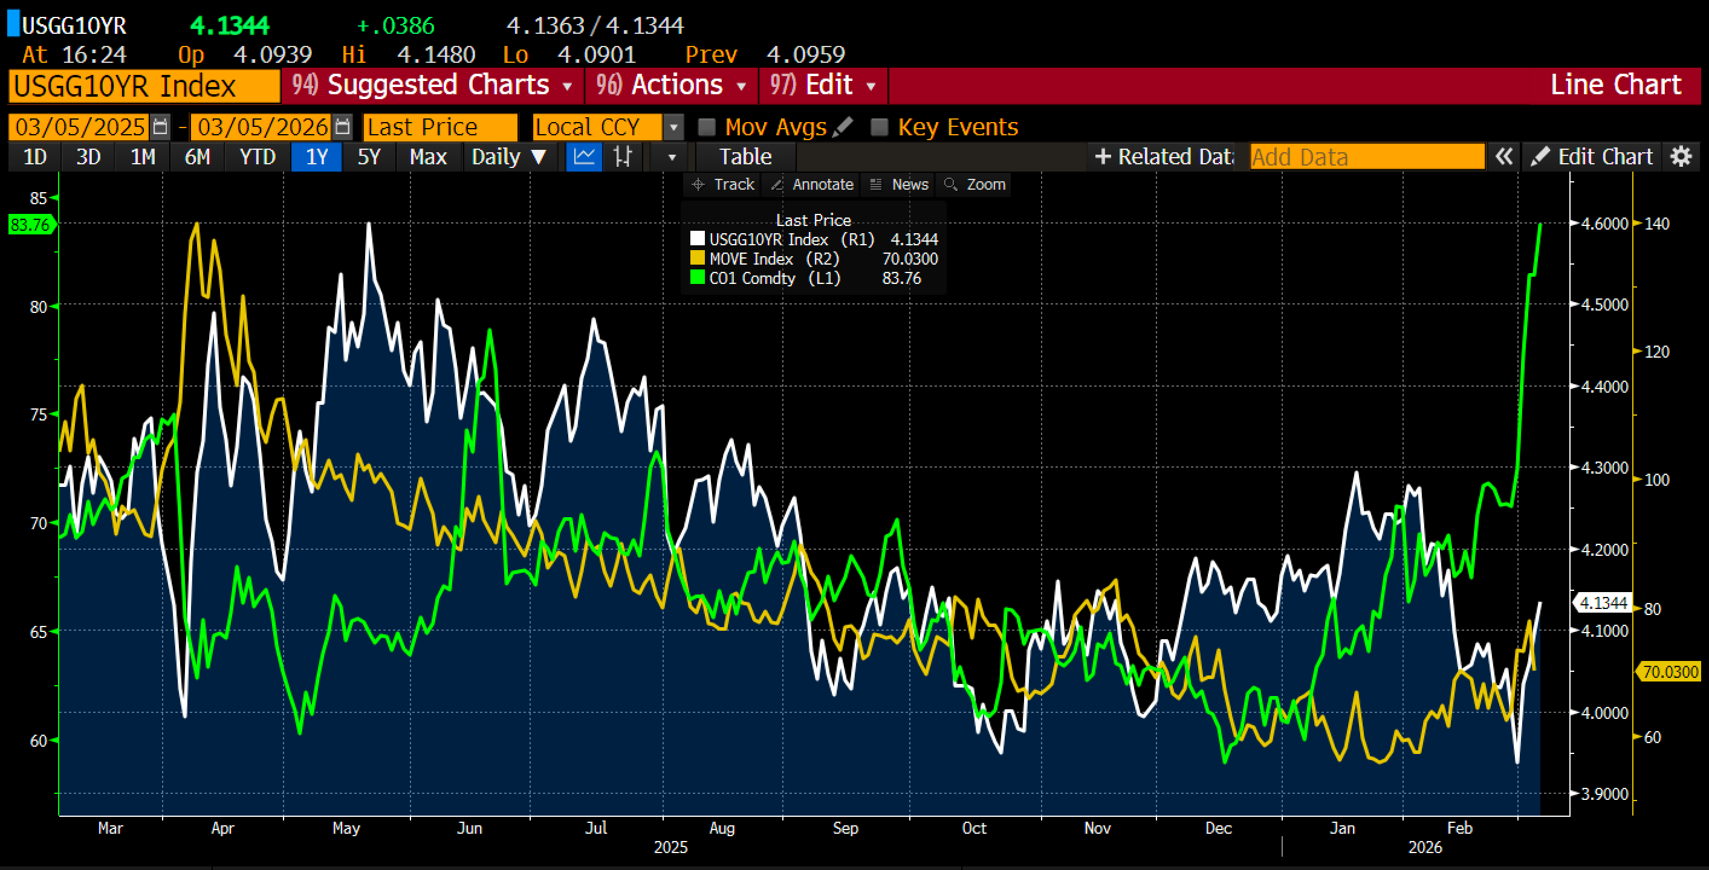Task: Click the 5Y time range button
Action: coord(369,157)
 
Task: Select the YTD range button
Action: coord(258,157)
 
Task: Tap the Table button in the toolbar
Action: coord(745,157)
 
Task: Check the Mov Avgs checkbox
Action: coord(707,127)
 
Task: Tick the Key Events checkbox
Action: coord(879,127)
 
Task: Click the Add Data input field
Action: coord(1367,157)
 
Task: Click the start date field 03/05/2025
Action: coord(80,127)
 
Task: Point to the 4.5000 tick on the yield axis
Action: coord(1604,304)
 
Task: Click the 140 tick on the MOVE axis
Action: coord(1656,224)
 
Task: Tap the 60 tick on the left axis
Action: coord(39,740)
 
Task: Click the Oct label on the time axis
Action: coord(973,828)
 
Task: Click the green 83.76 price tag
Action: coord(30,225)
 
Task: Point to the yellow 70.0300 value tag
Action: coord(1670,672)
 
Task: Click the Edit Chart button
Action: coord(1592,157)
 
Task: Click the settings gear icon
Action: coord(1681,157)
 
